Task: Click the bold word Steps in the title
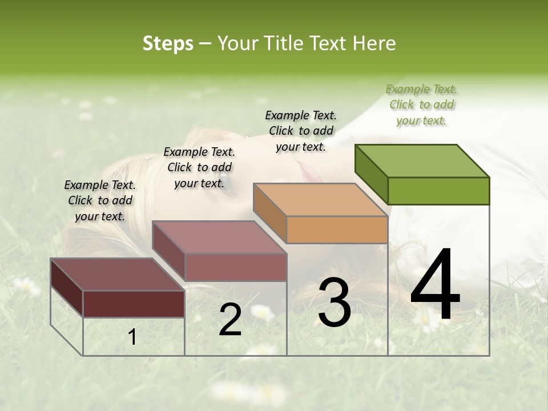pos(168,43)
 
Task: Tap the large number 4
pos(435,285)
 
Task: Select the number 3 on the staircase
pos(334,303)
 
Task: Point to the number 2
pos(230,320)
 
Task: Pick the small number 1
pos(132,337)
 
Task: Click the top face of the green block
pos(422,160)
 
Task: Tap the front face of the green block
pos(438,191)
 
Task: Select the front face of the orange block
pos(337,229)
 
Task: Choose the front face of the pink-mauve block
pos(236,267)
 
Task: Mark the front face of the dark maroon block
pos(134,304)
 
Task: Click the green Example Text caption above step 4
pos(422,104)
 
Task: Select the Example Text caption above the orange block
pos(301,131)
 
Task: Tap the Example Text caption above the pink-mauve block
pos(199,167)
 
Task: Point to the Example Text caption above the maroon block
pos(100,200)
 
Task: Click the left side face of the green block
pos(371,174)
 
